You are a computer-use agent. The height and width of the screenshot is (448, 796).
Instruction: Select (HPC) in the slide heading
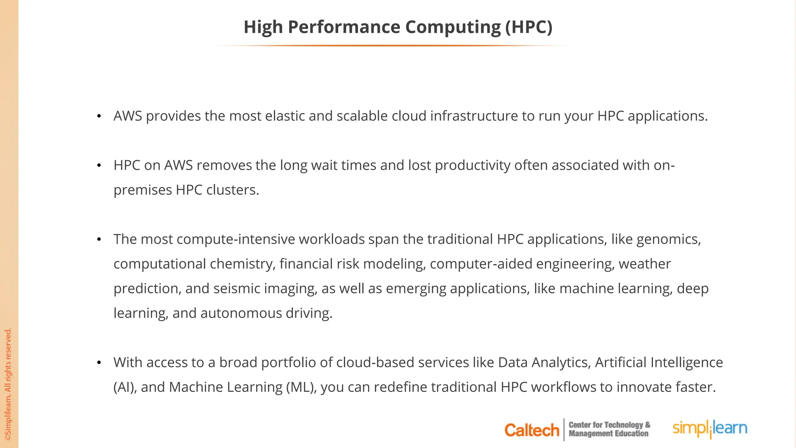click(529, 27)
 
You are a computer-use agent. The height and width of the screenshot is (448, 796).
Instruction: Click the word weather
click(644, 264)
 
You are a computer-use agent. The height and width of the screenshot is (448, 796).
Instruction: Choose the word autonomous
click(241, 313)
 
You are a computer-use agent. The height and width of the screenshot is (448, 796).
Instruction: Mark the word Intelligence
click(686, 362)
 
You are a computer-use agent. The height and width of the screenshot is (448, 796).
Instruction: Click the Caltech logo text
click(531, 430)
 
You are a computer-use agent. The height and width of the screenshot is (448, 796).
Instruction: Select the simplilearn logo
click(710, 429)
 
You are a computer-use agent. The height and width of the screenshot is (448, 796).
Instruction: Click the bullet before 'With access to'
click(99, 363)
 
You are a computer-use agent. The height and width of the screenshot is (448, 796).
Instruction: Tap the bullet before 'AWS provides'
click(99, 116)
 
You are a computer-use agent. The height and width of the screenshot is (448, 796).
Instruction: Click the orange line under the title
click(392, 45)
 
